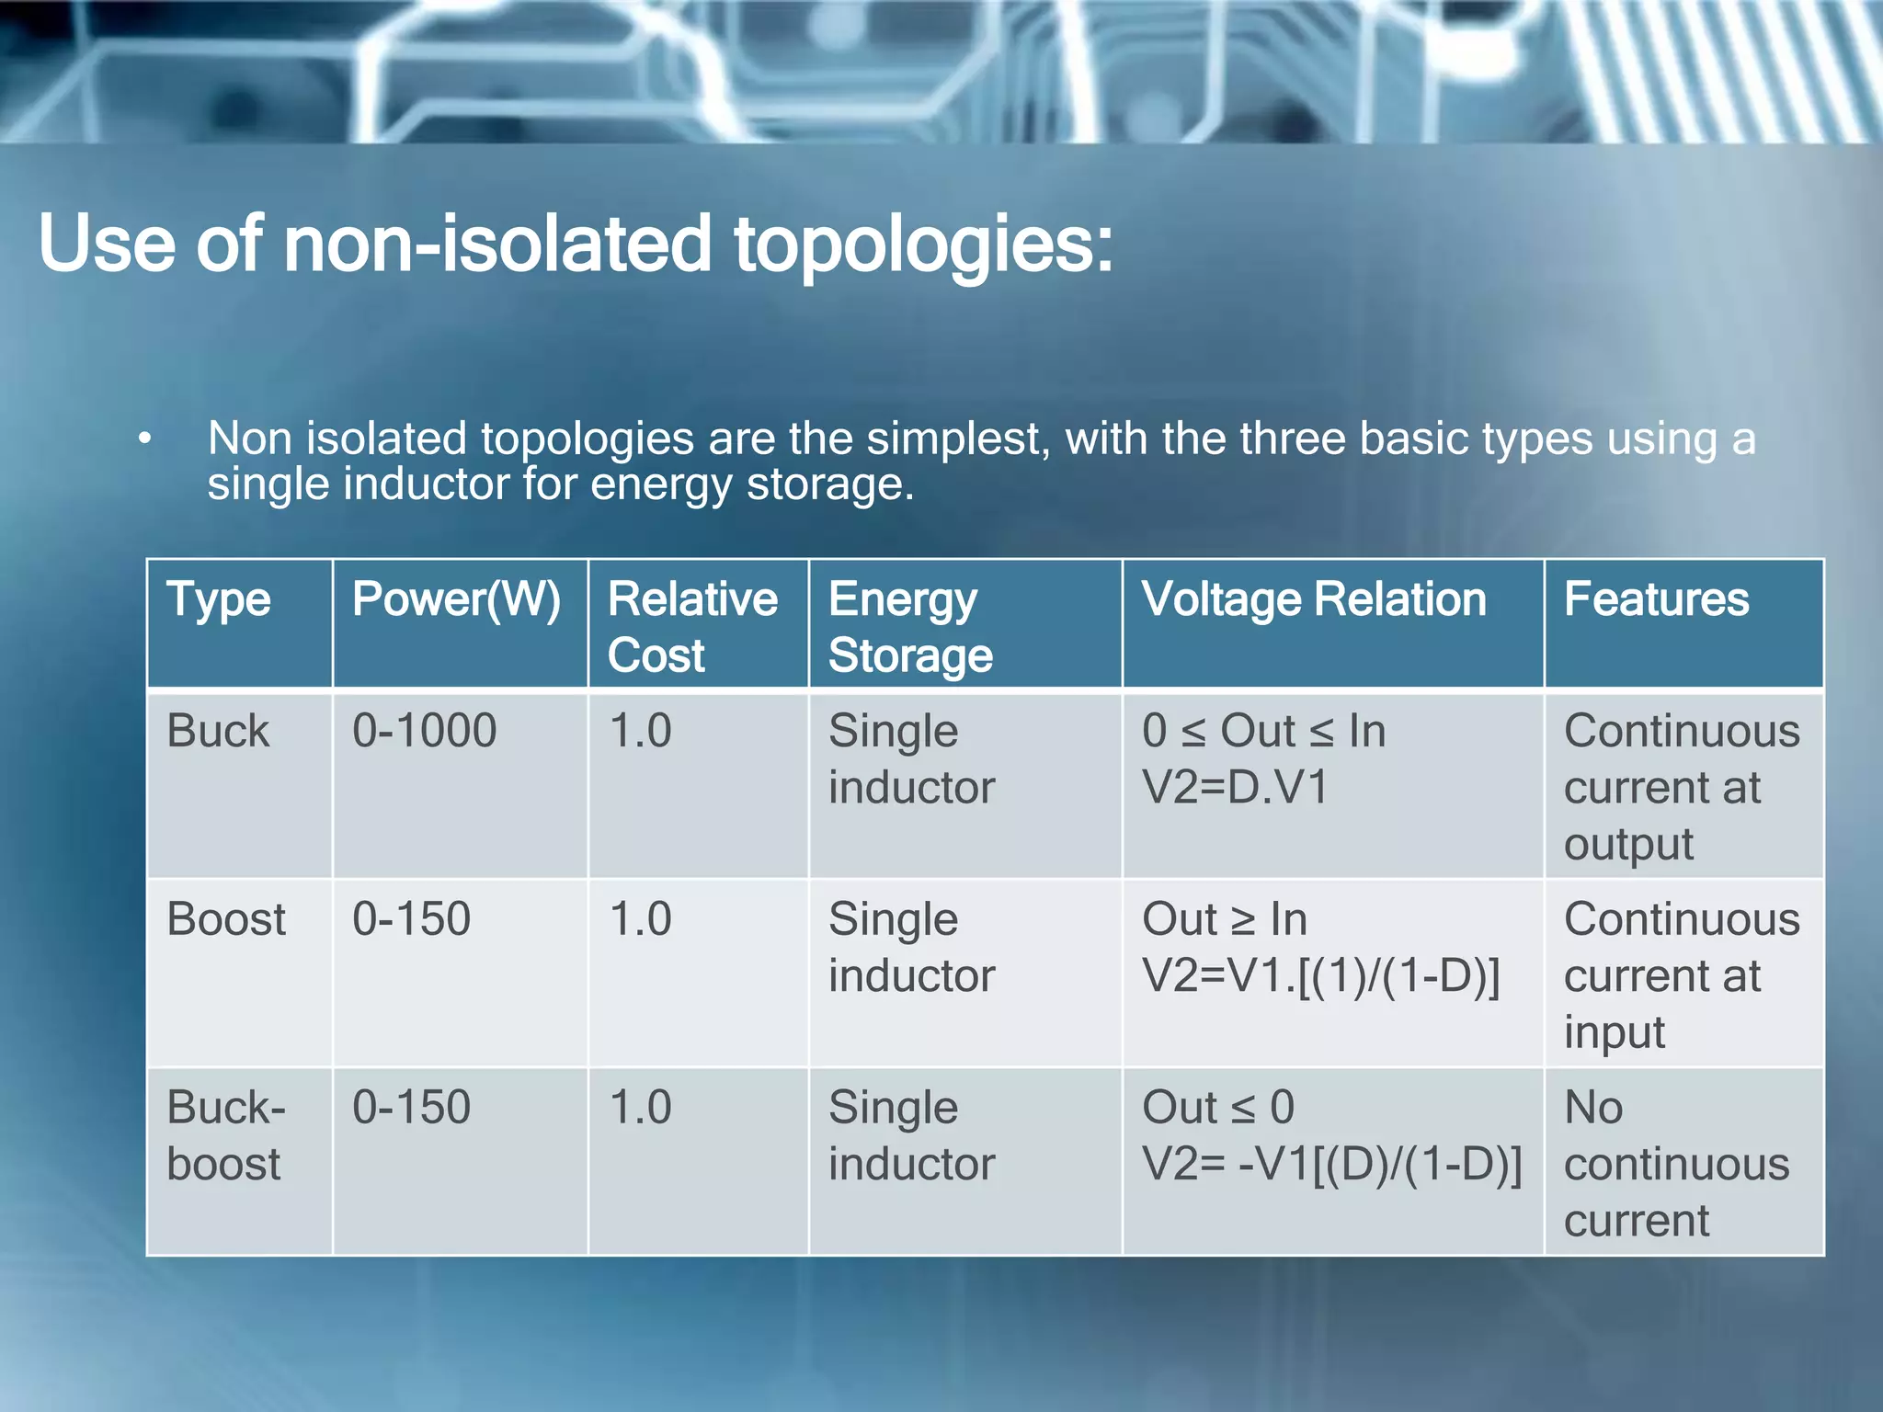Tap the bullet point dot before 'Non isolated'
pyautogui.click(x=144, y=439)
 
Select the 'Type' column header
pyautogui.click(x=219, y=600)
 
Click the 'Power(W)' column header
pyautogui.click(x=456, y=600)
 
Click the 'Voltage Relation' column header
pyautogui.click(x=1314, y=600)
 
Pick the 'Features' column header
pyautogui.click(x=1656, y=600)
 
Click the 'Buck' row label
pyautogui.click(x=218, y=732)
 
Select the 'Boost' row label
pyautogui.click(x=226, y=919)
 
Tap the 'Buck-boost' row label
pyautogui.click(x=226, y=1135)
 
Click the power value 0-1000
pyautogui.click(x=424, y=732)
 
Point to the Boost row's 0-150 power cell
pyautogui.click(x=411, y=919)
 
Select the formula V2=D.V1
pyautogui.click(x=1235, y=789)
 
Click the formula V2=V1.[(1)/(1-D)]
pyautogui.click(x=1320, y=976)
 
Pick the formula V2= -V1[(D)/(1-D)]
pyautogui.click(x=1331, y=1165)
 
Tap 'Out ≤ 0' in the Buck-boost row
pyautogui.click(x=1217, y=1108)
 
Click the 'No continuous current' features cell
pyautogui.click(x=1675, y=1164)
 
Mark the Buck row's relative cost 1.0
pyautogui.click(x=640, y=732)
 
